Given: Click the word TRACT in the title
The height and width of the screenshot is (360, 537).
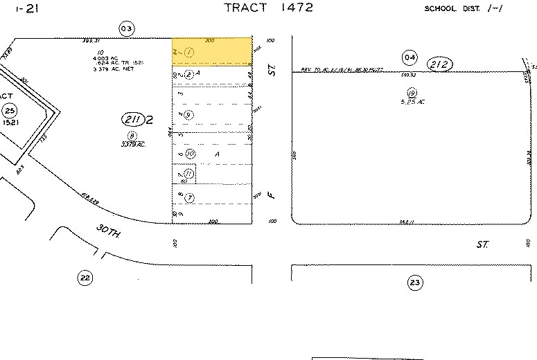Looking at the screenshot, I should pyautogui.click(x=247, y=8).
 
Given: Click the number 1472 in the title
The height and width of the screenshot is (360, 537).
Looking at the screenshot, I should pyautogui.click(x=294, y=8).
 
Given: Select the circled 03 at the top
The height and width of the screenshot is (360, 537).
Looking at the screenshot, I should pyautogui.click(x=125, y=28).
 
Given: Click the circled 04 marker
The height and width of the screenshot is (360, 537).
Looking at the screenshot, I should pyautogui.click(x=410, y=56).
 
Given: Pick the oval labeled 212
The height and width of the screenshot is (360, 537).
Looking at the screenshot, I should pyautogui.click(x=440, y=64).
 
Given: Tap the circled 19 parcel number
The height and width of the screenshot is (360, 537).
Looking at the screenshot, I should pyautogui.click(x=412, y=93).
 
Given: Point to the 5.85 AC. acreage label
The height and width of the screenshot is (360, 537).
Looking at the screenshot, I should pyautogui.click(x=412, y=102).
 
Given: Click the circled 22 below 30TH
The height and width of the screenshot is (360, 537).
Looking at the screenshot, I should pyautogui.click(x=85, y=278).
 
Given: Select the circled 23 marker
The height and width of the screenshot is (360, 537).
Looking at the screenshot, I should pyautogui.click(x=415, y=282).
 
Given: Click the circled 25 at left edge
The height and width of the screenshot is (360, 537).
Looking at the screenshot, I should pyautogui.click(x=9, y=111).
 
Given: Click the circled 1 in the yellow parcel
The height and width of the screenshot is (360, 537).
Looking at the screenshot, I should pyautogui.click(x=188, y=52).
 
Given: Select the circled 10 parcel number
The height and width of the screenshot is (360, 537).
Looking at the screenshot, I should pyautogui.click(x=189, y=153).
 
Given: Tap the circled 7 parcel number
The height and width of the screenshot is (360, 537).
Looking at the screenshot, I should pyautogui.click(x=188, y=197).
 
